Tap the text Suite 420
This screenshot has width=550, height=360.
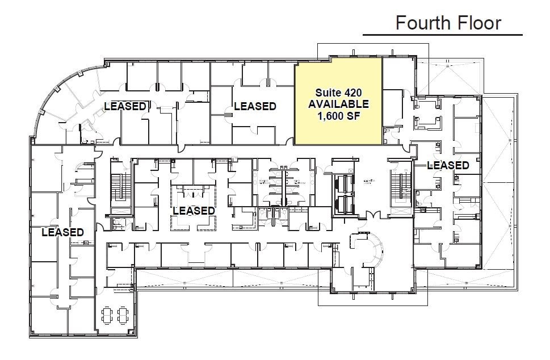click(x=338, y=92)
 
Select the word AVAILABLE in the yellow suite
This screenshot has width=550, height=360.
click(x=338, y=104)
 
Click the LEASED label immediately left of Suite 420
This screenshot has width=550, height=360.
click(x=255, y=106)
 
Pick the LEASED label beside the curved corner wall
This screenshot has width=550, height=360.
click(x=125, y=106)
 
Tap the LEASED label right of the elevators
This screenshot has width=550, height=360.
click(x=448, y=165)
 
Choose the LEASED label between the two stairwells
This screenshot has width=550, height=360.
click(x=194, y=211)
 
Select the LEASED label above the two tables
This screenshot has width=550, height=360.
click(x=62, y=232)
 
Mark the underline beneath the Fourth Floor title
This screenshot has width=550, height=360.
click(x=442, y=35)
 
